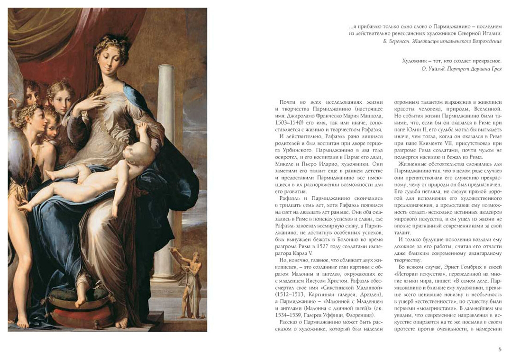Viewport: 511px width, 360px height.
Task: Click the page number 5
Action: [x=500, y=350]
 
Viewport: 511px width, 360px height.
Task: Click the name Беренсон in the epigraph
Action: [x=398, y=41]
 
